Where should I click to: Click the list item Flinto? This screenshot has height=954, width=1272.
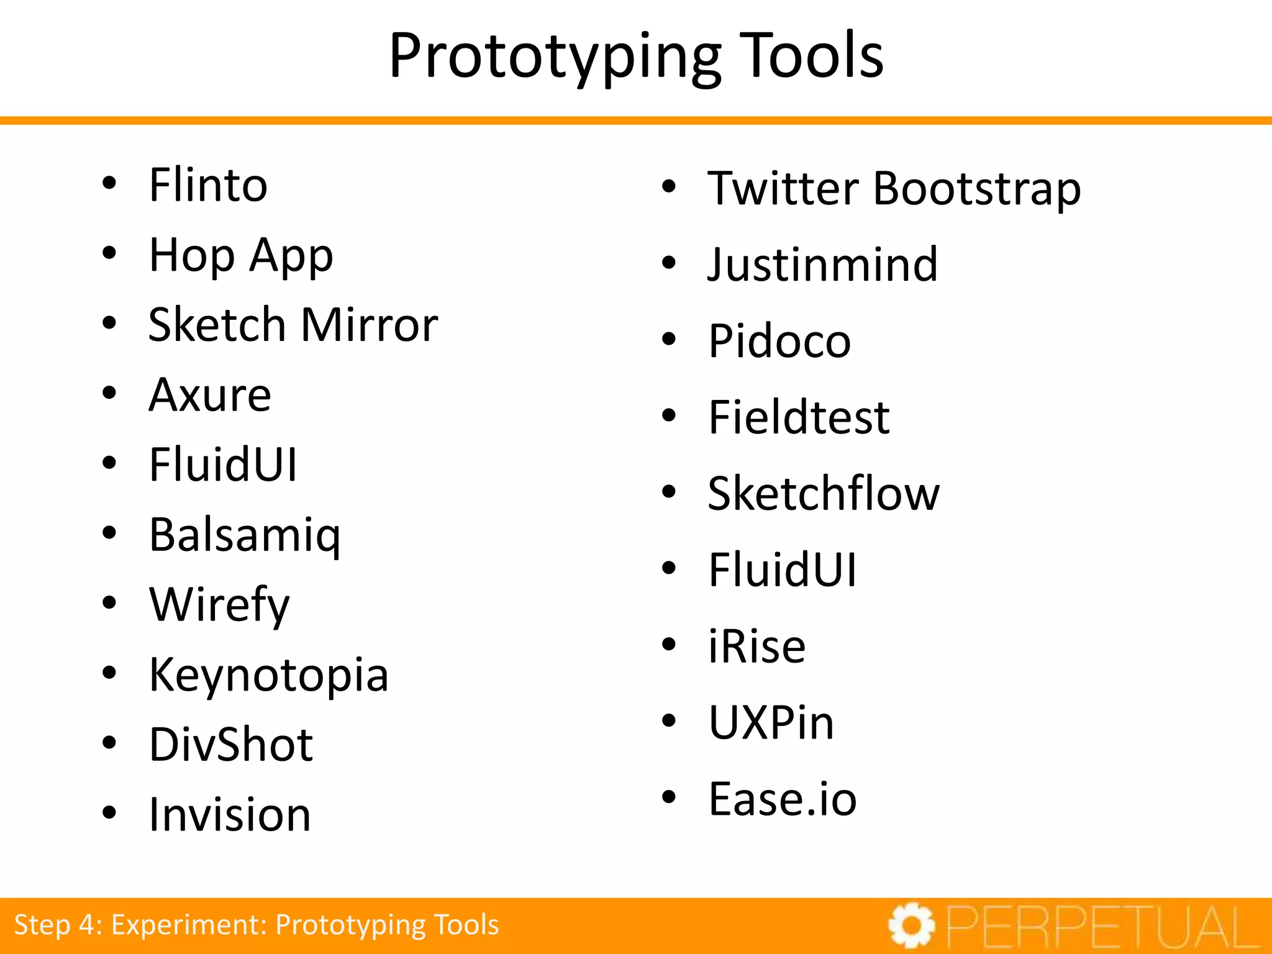(208, 185)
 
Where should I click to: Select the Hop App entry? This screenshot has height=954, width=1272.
(241, 255)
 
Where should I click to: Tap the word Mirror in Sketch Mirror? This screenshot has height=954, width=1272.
(370, 325)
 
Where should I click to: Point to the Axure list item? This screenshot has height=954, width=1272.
(210, 395)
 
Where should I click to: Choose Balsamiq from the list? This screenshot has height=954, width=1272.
(245, 535)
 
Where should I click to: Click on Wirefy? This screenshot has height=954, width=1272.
(219, 604)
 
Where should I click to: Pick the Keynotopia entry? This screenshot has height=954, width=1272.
(268, 675)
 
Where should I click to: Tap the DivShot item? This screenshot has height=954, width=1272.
(231, 744)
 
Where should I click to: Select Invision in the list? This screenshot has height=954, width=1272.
(230, 814)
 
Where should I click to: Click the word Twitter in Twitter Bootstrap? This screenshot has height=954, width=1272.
(784, 188)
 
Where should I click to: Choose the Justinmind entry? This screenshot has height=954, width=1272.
(823, 265)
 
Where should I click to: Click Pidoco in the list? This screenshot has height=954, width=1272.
(779, 341)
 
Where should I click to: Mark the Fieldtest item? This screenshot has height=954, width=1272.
(799, 417)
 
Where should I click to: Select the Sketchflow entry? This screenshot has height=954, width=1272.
(824, 494)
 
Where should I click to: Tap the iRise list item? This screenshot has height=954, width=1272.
(757, 647)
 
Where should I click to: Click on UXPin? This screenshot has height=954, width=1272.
(771, 723)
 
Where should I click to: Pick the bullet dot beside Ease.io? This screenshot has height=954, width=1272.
(668, 797)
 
